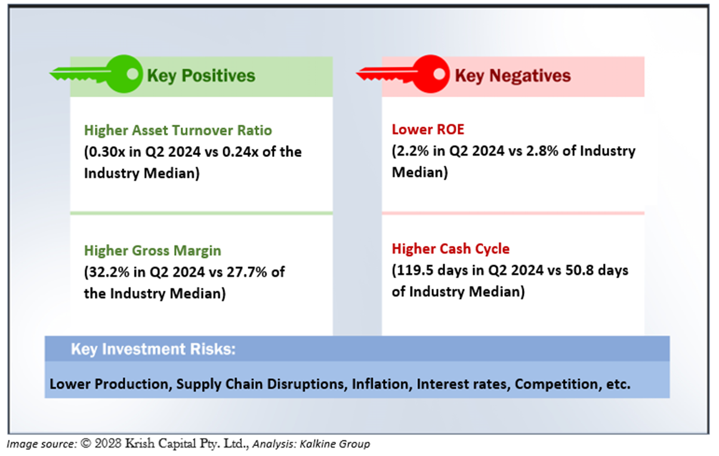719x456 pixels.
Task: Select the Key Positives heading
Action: click(201, 76)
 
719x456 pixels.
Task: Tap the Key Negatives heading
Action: click(513, 76)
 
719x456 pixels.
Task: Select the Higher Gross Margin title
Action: click(152, 251)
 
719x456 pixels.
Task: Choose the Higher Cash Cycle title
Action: click(450, 248)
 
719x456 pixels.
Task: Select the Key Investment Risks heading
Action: click(153, 349)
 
